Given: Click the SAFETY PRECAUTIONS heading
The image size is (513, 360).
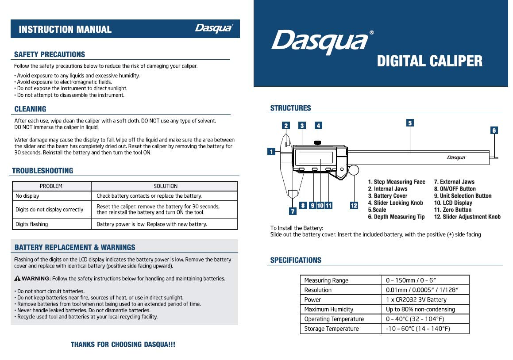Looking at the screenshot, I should pyautogui.click(x=50, y=54).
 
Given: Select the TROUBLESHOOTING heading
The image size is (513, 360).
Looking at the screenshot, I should pyautogui.click(x=42, y=171).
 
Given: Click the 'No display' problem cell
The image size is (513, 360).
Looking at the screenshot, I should pyautogui.click(x=27, y=196).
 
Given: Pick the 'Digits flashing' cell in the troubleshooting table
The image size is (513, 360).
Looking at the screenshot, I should pyautogui.click(x=31, y=224).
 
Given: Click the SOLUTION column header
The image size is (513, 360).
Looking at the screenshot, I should pyautogui.click(x=165, y=186).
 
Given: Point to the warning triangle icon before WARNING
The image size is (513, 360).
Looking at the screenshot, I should pyautogui.click(x=17, y=279).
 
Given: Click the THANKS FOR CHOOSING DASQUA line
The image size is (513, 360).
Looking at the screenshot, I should pyautogui.click(x=123, y=345).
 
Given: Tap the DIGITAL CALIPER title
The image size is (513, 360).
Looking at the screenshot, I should pyautogui.click(x=429, y=61).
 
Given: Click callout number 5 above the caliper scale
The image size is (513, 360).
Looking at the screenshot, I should pyautogui.click(x=410, y=123).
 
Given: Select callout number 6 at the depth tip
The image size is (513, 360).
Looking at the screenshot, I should pyautogui.click(x=494, y=130).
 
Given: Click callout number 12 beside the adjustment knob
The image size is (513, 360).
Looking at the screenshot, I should pyautogui.click(x=354, y=205).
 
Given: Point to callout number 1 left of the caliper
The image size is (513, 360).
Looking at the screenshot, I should pyautogui.click(x=271, y=152).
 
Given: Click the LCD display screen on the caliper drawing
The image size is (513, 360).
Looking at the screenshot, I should pyautogui.click(x=316, y=157).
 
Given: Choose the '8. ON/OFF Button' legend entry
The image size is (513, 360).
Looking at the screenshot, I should pyautogui.click(x=455, y=189).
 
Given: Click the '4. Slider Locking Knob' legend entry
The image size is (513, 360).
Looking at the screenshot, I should pyautogui.click(x=395, y=203).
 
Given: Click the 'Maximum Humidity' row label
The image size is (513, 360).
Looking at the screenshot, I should pyautogui.click(x=328, y=310).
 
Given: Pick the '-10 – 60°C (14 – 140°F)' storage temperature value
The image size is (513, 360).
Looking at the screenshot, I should pyautogui.click(x=418, y=329).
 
